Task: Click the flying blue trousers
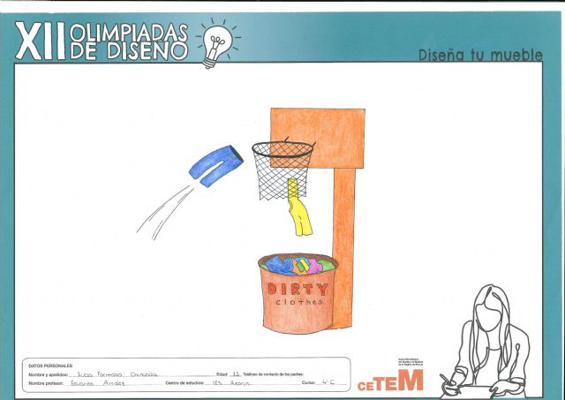[215, 165]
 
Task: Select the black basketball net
[282, 168]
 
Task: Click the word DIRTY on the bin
[297, 289]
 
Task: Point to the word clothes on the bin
[298, 303]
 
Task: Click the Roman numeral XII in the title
[41, 41]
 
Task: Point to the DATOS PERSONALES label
[50, 366]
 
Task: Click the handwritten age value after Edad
[235, 374]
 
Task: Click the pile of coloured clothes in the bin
[297, 263]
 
